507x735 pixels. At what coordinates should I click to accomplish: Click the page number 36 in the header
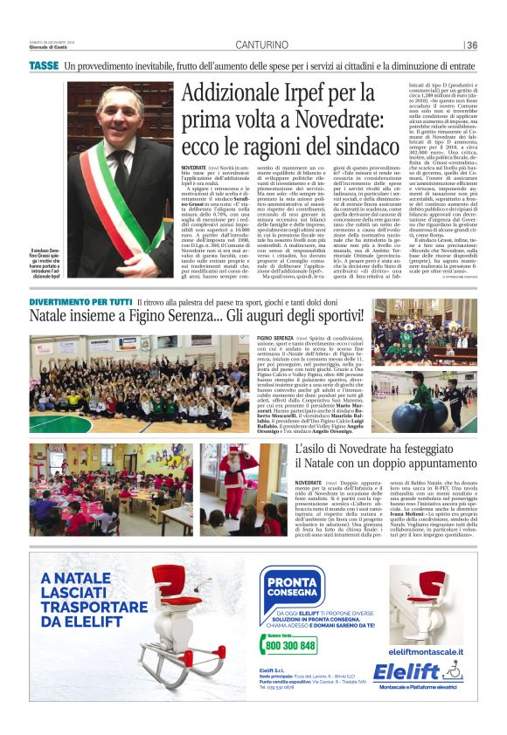(473, 45)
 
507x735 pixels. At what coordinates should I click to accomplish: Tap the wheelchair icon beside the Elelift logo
(451, 670)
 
